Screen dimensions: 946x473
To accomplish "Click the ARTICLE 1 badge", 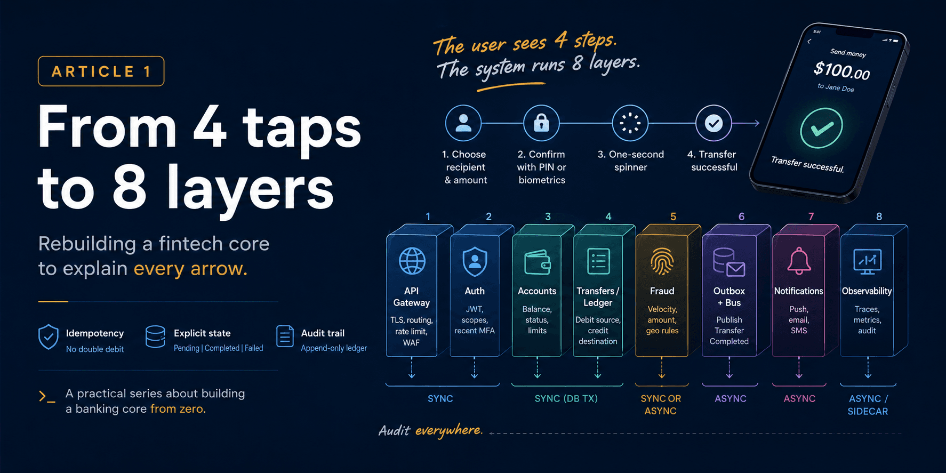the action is pos(101,71).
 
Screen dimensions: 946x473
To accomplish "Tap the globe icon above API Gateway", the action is pos(412,261).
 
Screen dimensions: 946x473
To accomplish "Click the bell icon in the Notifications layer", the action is pos(799,261).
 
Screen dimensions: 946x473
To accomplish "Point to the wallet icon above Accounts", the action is pos(537,262).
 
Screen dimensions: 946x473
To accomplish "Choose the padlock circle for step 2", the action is pos(541,123).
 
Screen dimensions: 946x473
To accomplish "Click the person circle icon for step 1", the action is pos(463,123).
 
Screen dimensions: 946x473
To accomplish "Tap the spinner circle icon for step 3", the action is pos(630,123).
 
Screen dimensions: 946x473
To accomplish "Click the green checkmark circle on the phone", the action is pos(821,128).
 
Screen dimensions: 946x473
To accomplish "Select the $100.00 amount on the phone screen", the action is pos(841,70).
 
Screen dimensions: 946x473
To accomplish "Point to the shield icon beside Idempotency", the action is pos(49,337).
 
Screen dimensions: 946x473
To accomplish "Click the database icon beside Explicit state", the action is pos(155,336).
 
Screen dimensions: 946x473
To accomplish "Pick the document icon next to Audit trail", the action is pos(285,336).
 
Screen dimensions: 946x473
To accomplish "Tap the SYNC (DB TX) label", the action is pos(566,398).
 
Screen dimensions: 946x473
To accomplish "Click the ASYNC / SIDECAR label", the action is pos(868,405).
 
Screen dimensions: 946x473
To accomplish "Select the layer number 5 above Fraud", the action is pos(673,217).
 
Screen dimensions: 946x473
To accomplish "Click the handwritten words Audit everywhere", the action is pos(430,430).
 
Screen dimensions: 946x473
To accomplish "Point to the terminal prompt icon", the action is pos(46,396).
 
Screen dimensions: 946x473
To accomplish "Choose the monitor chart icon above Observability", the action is pos(867,261).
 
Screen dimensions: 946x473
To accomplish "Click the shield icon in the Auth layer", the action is pos(475,261).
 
